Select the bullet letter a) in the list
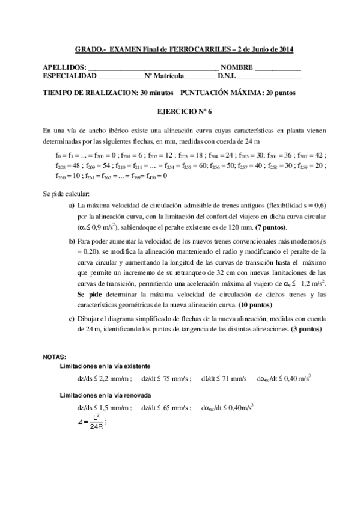point(72,206)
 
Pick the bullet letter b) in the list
point(72,241)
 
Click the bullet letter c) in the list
point(72,319)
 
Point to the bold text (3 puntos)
point(306,330)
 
